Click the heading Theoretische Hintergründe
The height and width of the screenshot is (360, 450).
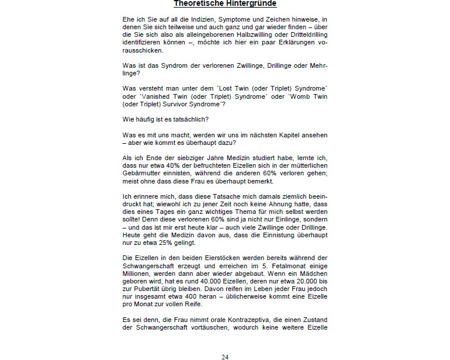point(225,4)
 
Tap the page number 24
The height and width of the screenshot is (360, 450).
point(225,356)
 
